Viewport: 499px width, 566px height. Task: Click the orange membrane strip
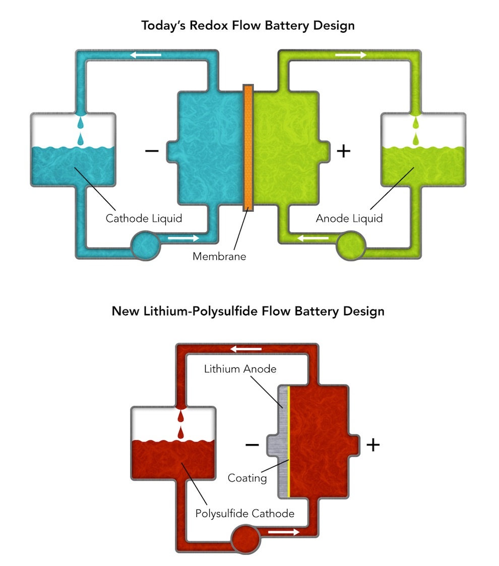coord(248,148)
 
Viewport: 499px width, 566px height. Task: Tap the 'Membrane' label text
coord(219,256)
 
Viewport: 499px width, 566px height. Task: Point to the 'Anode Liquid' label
coord(349,218)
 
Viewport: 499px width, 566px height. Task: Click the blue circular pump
coord(145,244)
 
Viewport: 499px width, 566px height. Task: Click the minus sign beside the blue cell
coord(151,151)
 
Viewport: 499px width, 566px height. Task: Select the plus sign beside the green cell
coord(343,151)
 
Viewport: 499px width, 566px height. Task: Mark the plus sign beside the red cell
coord(372,445)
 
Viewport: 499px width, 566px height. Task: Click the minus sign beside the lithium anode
coord(252,445)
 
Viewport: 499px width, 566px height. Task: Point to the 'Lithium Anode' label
coord(240,369)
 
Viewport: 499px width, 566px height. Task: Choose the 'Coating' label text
coord(247,477)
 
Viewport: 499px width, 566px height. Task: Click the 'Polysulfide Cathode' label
coord(245,514)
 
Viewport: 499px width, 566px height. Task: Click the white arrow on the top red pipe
coord(246,349)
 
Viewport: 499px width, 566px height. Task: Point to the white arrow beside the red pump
coord(283,532)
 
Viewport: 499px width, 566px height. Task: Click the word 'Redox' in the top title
coord(219,25)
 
